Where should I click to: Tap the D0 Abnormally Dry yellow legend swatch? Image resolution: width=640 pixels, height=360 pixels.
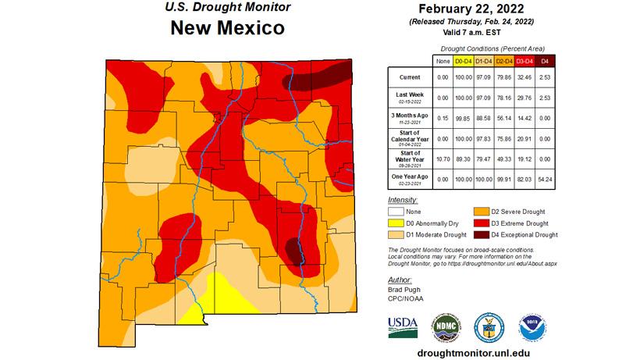click(398, 223)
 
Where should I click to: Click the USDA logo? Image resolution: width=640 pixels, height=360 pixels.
click(403, 326)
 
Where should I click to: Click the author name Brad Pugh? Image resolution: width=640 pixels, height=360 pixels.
click(404, 288)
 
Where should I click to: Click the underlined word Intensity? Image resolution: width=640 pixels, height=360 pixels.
click(403, 201)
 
